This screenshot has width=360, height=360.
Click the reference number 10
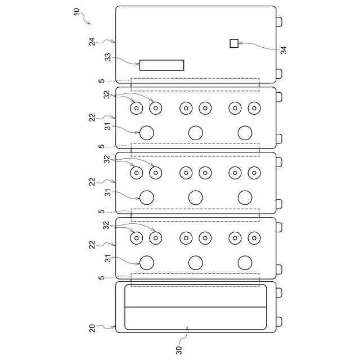(x=76, y=12)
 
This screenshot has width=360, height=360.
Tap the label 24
(x=92, y=42)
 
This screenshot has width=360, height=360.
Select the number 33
(x=107, y=57)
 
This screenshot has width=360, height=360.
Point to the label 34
(x=283, y=50)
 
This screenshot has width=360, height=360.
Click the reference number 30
(x=179, y=350)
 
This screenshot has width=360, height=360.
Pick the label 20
(x=92, y=328)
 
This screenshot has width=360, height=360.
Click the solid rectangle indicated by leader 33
(x=162, y=65)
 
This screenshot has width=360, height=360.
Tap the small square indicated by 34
(x=234, y=43)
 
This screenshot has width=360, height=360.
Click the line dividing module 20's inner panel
(x=195, y=307)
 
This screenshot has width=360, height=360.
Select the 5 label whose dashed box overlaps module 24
(x=101, y=81)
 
